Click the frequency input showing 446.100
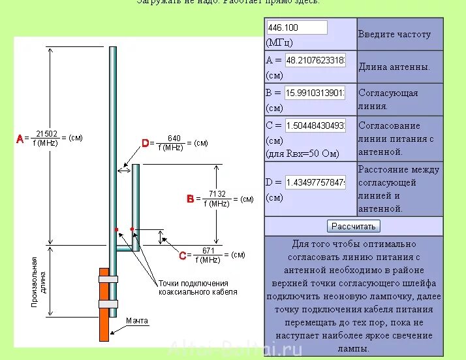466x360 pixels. tap(297, 27)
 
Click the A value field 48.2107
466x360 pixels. tap(315, 60)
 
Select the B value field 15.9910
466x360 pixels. tap(315, 93)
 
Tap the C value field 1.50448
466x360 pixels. tap(315, 125)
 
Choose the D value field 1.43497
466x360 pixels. tap(315, 182)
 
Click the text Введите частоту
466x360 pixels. tap(394, 34)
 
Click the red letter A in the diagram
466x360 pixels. tap(20, 139)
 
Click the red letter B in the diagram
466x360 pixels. tap(190, 199)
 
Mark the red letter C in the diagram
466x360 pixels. tap(182, 255)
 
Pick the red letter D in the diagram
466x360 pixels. tap(146, 143)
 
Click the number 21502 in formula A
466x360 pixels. tap(46, 134)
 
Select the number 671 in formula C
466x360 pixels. tap(209, 250)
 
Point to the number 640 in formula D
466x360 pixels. tap(174, 139)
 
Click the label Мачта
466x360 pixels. tap(136, 321)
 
